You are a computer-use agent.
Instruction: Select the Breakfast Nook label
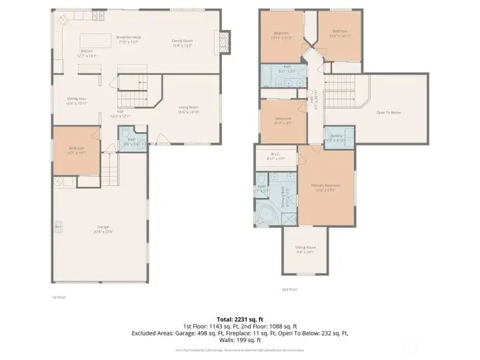click(128, 39)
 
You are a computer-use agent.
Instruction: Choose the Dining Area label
click(77, 101)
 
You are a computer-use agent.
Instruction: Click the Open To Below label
click(389, 113)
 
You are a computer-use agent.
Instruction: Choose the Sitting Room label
click(305, 250)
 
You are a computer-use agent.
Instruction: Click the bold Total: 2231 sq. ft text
click(239, 319)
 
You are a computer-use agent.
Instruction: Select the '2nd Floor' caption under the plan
click(289, 289)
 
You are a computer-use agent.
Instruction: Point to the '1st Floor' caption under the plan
click(59, 297)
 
